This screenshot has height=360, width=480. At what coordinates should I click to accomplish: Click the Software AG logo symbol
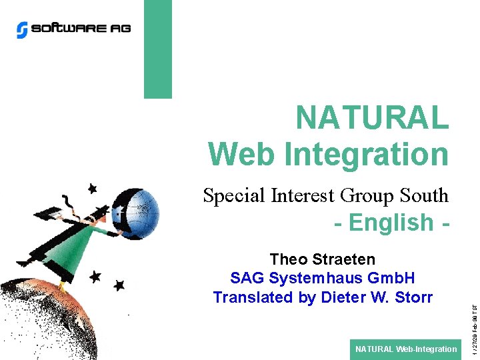[23, 29]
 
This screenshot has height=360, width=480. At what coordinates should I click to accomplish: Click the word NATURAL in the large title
[372, 119]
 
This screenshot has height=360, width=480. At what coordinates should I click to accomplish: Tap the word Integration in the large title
[367, 154]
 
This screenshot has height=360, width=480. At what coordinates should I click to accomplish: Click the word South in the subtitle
[424, 196]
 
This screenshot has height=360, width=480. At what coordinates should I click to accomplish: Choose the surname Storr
[413, 297]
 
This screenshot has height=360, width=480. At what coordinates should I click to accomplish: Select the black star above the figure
[91, 189]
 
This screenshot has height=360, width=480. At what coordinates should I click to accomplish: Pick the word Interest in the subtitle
[303, 196]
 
